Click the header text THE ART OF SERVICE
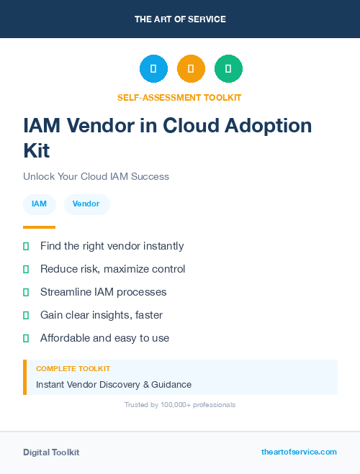(x=180, y=19)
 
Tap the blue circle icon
(x=153, y=69)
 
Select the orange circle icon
(x=191, y=69)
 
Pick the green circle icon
(x=228, y=69)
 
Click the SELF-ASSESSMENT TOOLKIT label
(x=179, y=97)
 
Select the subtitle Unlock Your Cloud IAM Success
(x=96, y=176)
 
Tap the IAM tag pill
(x=40, y=204)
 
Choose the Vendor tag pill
(x=86, y=204)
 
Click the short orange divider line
(x=39, y=227)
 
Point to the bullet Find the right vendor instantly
(x=112, y=246)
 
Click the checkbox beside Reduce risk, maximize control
(x=26, y=269)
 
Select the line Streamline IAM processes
(x=103, y=292)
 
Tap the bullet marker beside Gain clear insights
(x=26, y=315)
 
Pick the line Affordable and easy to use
(x=104, y=338)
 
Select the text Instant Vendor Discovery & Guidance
(x=114, y=385)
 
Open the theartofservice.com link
(x=299, y=452)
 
